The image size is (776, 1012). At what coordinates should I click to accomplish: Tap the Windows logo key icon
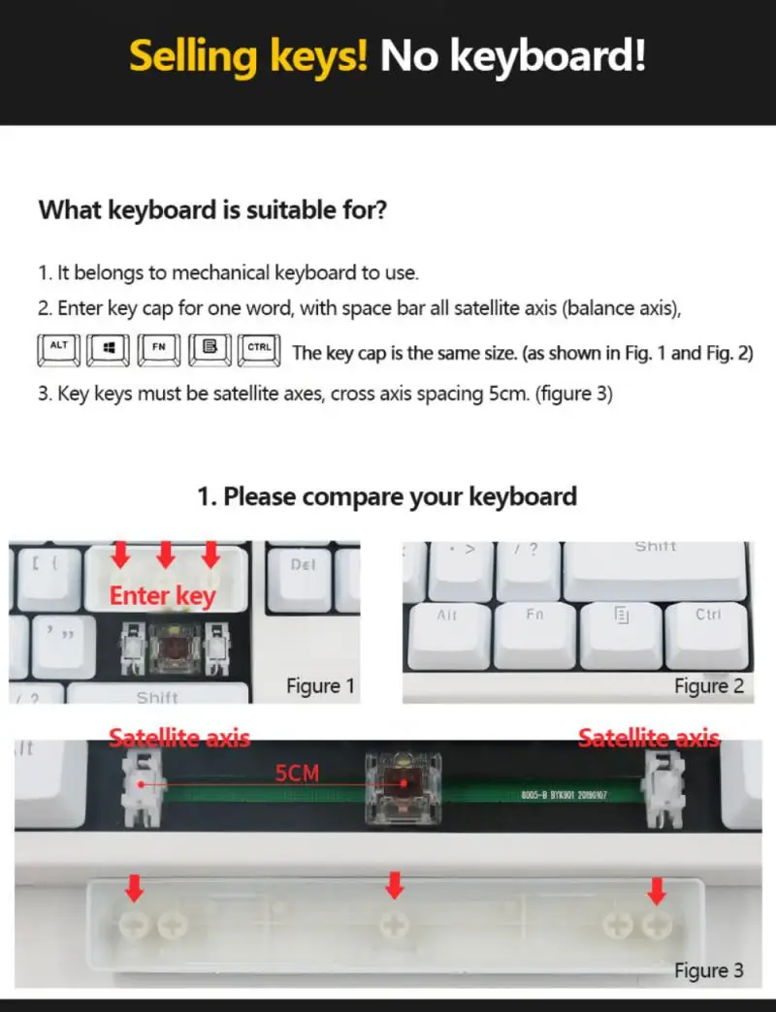tap(108, 350)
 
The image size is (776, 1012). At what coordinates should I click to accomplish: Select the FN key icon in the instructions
tap(158, 350)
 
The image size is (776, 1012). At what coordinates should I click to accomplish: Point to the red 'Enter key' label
tap(162, 595)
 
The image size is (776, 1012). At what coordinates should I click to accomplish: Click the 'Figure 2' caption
tap(708, 686)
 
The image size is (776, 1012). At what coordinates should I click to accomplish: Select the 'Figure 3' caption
tap(708, 970)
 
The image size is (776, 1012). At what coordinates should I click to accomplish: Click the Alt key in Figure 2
tap(449, 630)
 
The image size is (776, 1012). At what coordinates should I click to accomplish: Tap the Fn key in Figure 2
tap(534, 630)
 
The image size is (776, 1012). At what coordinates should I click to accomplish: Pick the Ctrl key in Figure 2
tap(707, 630)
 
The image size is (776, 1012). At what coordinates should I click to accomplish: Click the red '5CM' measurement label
tap(297, 773)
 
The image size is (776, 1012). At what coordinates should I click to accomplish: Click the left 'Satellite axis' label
tap(179, 739)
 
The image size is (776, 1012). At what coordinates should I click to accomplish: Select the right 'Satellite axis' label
tap(649, 739)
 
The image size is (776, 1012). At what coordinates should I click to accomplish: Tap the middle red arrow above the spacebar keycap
tap(394, 883)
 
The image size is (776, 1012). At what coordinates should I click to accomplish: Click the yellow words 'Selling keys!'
tap(248, 56)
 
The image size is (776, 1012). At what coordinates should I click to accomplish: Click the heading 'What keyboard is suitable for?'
tap(213, 209)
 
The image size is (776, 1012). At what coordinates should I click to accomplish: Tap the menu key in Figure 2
tap(621, 630)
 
